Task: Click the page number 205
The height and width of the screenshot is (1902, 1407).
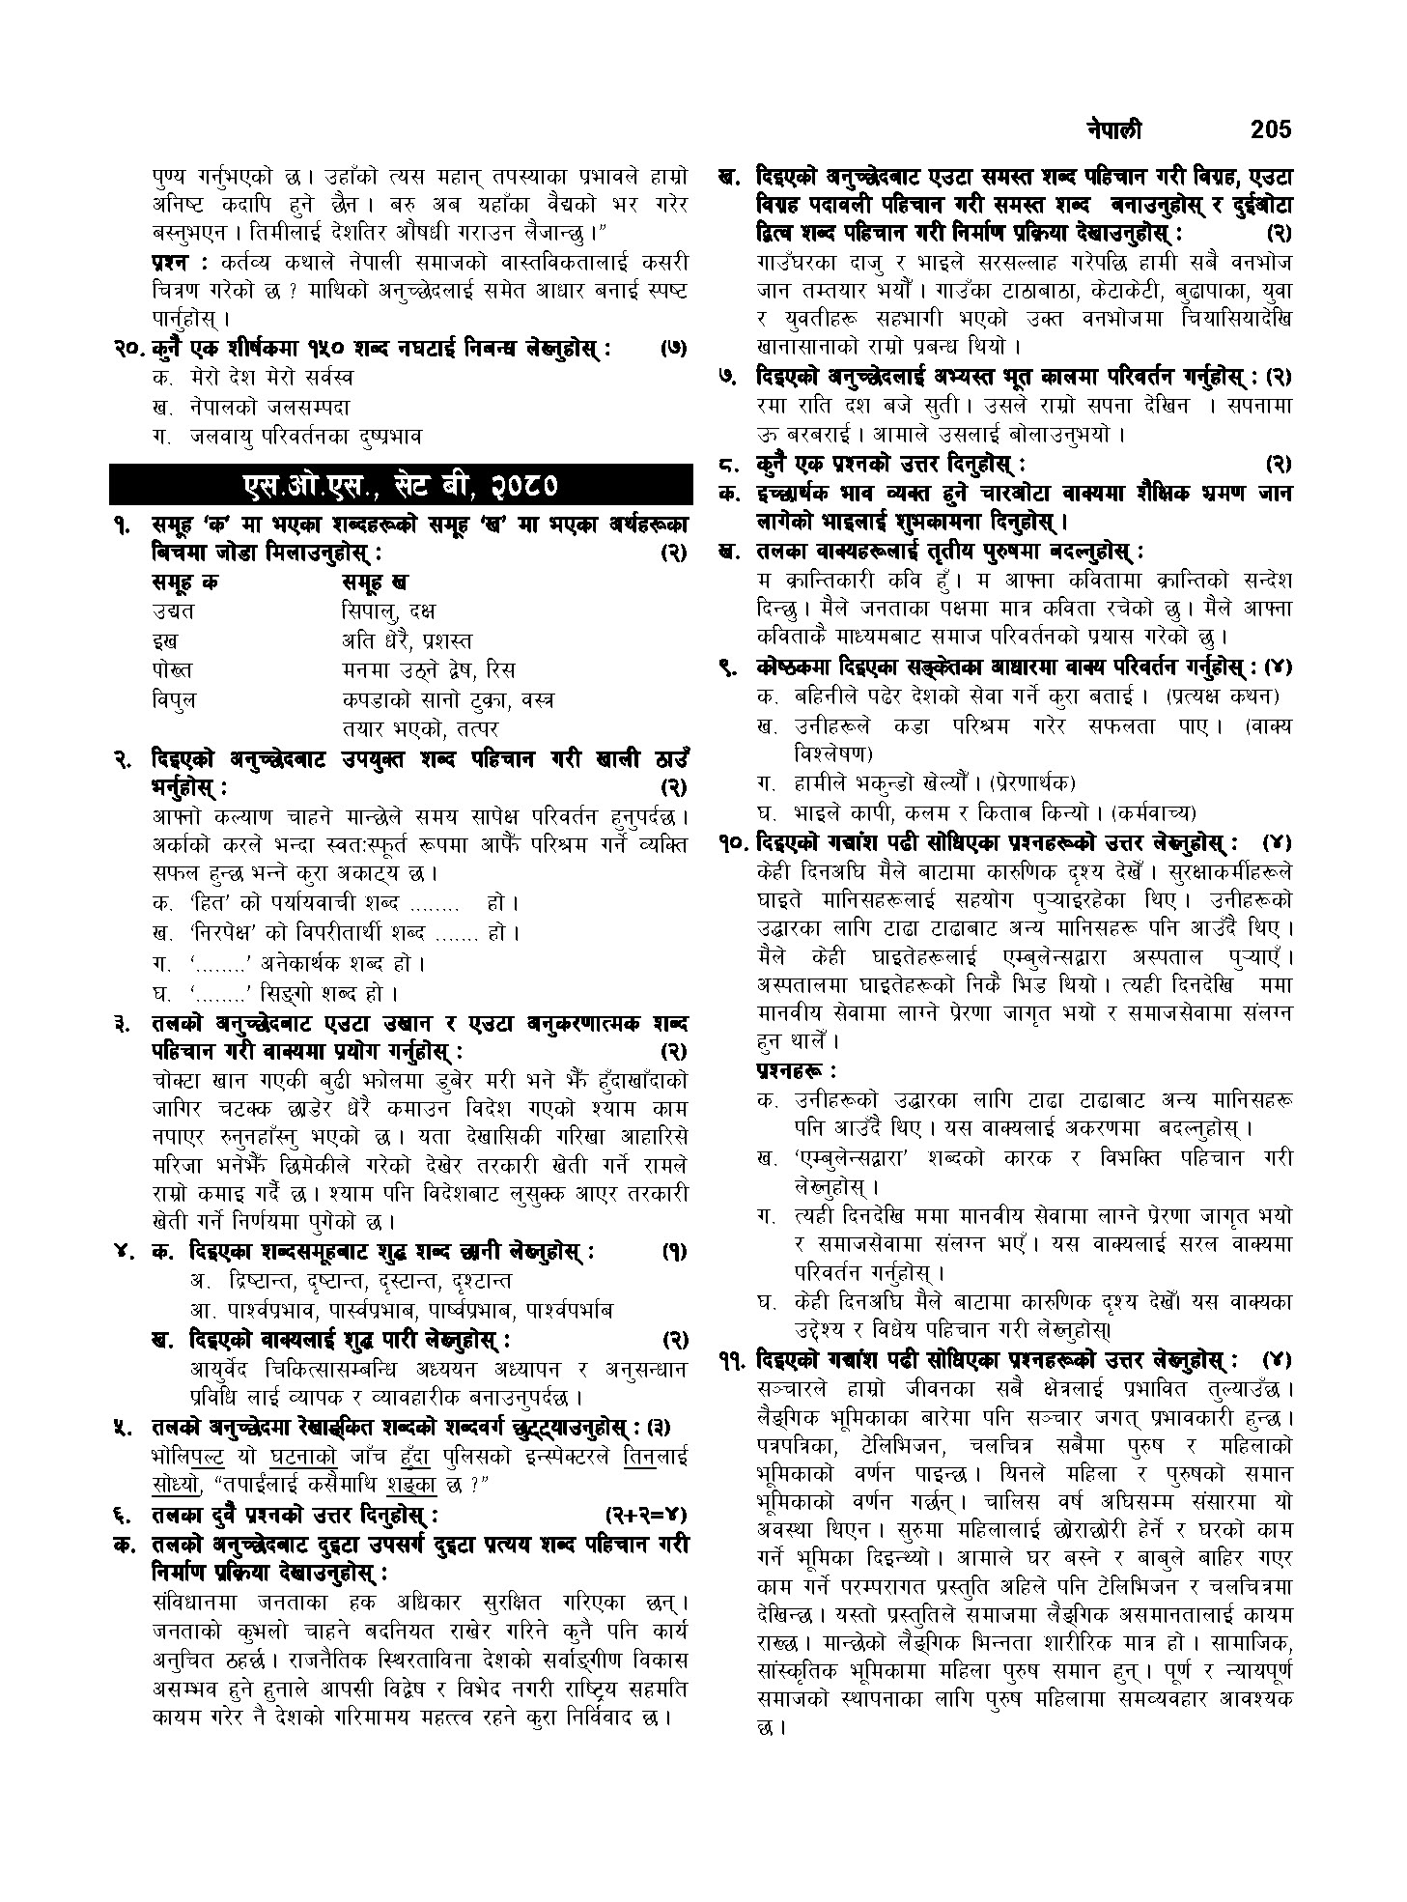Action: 1269,129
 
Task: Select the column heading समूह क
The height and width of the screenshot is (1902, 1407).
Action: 184,582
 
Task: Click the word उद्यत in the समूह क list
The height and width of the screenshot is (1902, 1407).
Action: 173,610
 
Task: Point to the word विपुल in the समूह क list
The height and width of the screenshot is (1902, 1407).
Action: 174,698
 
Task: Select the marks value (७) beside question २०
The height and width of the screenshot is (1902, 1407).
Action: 672,348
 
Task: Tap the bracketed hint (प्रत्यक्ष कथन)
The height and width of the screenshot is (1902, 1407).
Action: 1224,696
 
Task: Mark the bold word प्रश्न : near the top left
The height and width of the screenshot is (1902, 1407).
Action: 180,263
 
